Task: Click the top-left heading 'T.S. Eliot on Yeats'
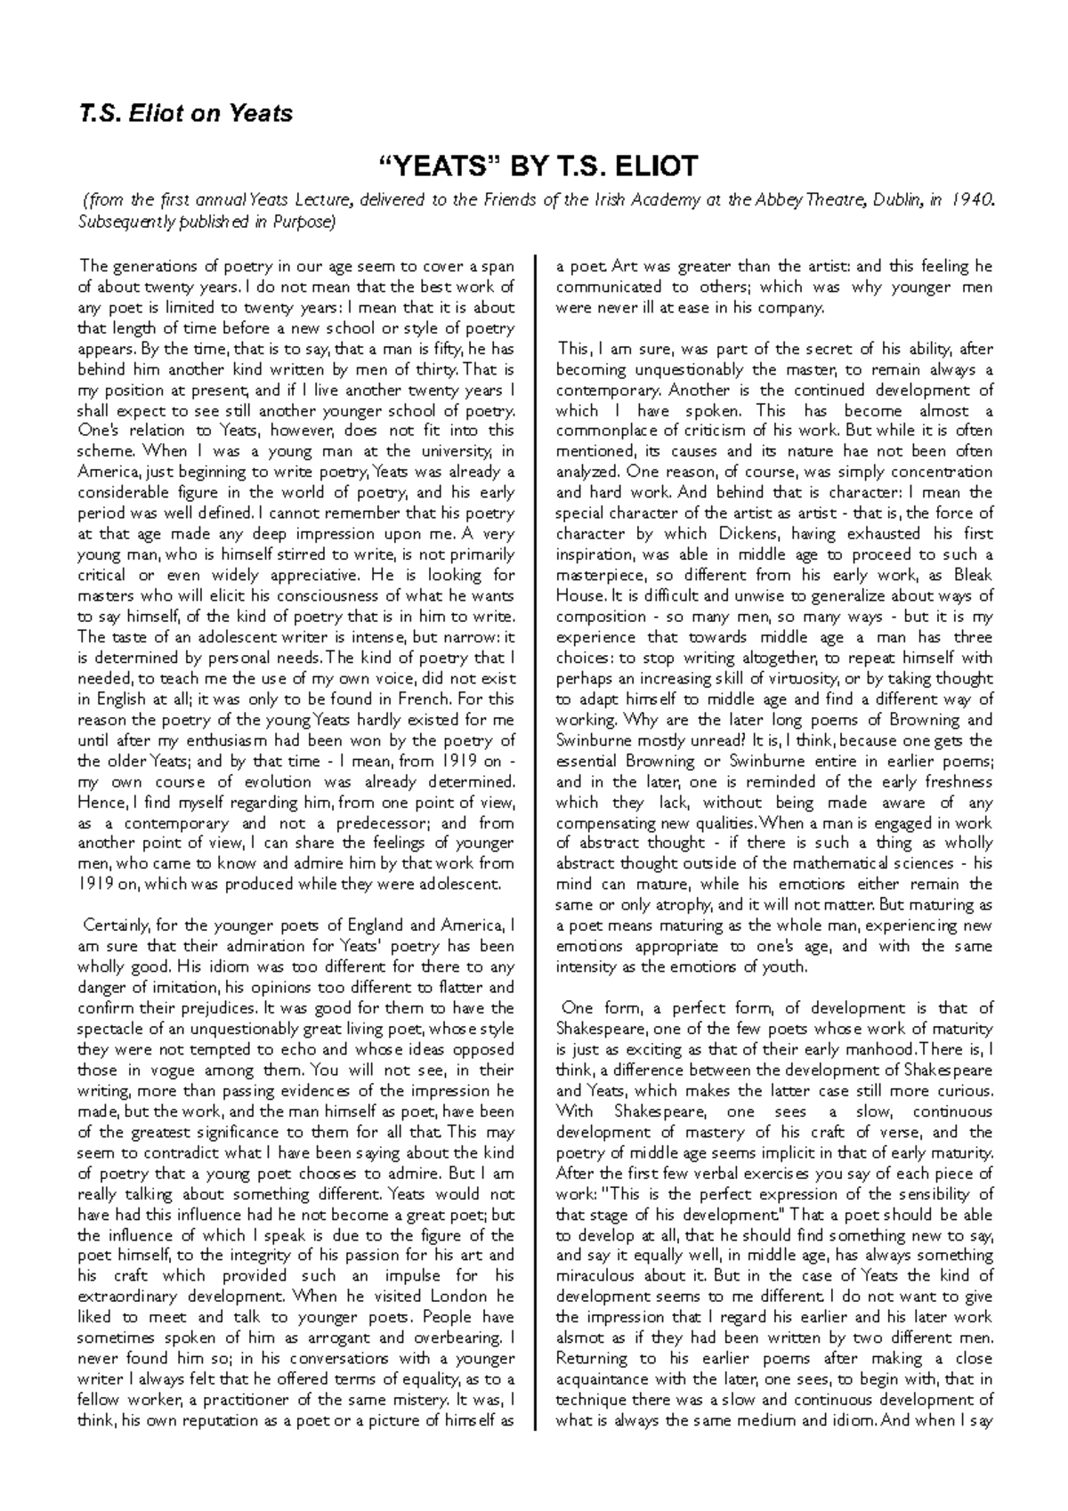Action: point(185,113)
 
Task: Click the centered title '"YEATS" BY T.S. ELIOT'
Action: point(533,166)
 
